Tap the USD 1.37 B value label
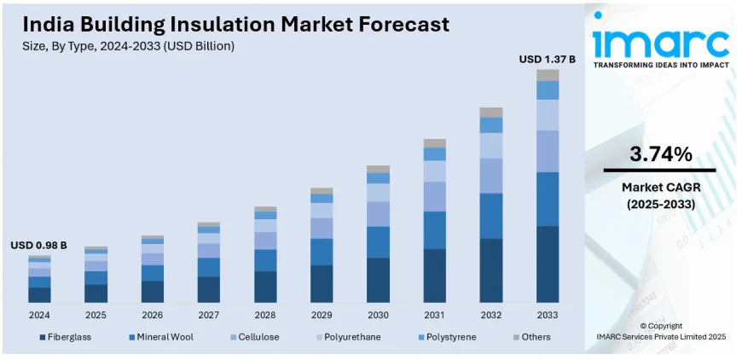(547, 59)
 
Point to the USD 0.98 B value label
(38, 246)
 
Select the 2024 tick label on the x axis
(38, 315)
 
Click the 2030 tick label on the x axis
(378, 315)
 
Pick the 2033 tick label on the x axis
(547, 315)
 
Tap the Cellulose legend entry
(258, 337)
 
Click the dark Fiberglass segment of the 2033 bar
(547, 264)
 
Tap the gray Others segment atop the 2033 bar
(547, 75)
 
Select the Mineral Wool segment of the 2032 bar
(490, 216)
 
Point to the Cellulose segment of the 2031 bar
(434, 196)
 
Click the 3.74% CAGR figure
(660, 154)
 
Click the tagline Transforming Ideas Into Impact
(661, 65)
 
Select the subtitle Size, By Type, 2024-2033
(128, 45)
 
